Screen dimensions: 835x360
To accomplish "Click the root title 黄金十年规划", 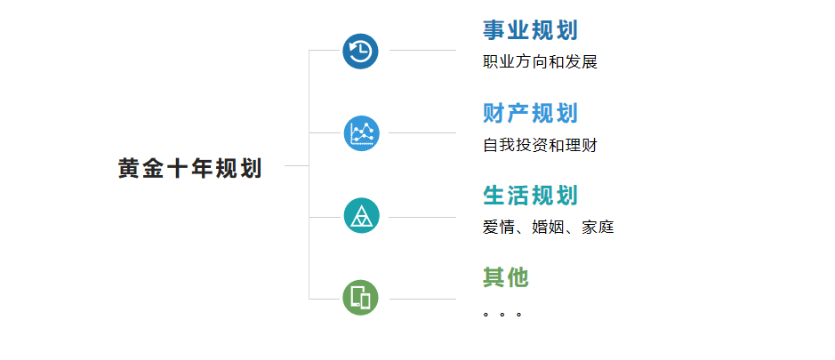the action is coord(190,168).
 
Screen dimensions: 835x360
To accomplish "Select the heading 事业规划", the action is coord(530,30).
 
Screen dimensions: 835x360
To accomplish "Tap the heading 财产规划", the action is coord(530,113).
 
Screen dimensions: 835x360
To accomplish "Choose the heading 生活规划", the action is coord(530,196).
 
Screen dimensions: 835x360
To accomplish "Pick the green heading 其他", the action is coord(506,277).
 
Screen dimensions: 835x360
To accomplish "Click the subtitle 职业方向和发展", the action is coord(540,61).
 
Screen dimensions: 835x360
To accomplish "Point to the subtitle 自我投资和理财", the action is coord(540,145).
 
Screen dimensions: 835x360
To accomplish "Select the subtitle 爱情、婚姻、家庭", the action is coord(549,228).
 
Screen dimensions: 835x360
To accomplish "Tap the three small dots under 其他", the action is coord(502,314).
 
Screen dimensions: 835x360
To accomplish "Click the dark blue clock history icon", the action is coord(360,52).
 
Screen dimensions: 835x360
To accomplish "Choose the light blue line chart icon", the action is coord(362,133).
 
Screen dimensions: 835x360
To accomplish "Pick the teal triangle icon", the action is coord(362,216).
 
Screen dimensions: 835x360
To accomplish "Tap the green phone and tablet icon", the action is coord(360,298).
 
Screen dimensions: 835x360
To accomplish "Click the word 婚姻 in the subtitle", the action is coord(548,228).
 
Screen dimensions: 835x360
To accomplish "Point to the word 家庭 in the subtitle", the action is coord(598,228).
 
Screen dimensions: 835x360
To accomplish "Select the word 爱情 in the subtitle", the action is coord(499,228).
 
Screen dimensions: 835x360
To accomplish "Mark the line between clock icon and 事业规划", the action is coord(422,50).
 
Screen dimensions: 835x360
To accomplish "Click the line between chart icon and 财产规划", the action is coord(422,132).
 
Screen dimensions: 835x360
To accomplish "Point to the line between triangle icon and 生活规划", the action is coord(422,217).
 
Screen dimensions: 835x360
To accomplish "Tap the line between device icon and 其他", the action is coord(422,300).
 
